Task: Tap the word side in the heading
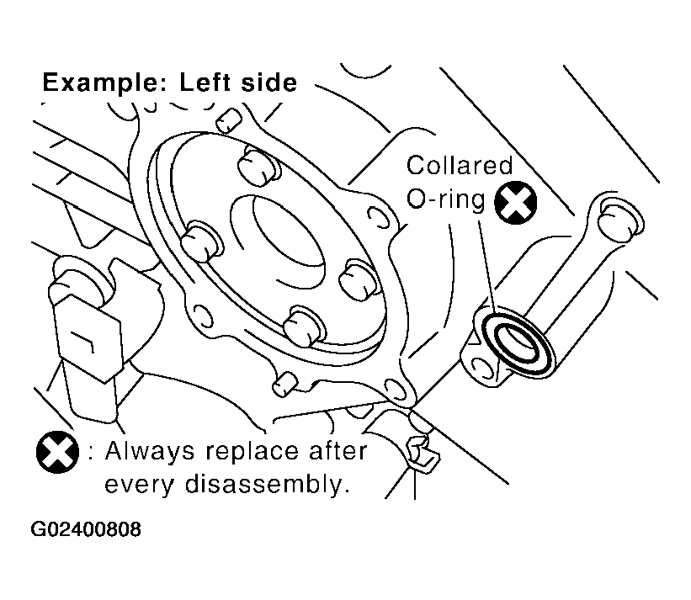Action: point(269,82)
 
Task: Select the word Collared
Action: point(460,165)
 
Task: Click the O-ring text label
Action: point(445,199)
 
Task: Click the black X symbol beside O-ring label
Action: point(516,203)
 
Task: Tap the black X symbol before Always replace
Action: point(57,452)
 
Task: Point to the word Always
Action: point(150,452)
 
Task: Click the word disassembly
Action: point(263,484)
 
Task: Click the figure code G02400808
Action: point(86,529)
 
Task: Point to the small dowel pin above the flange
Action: point(229,120)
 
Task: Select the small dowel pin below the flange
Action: point(285,384)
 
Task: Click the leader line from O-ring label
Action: point(488,265)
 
